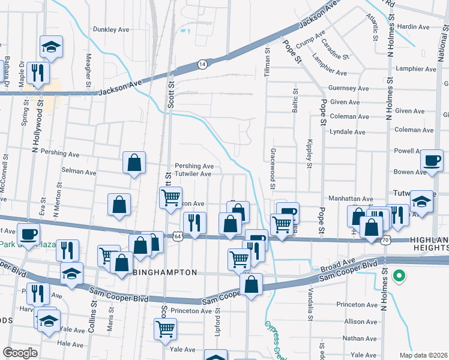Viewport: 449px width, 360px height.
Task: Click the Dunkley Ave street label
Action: click(112, 29)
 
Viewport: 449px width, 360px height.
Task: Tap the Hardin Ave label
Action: click(414, 27)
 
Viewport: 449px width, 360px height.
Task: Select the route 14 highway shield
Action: click(203, 64)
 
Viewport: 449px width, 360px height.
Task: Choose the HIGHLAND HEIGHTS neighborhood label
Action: click(429, 244)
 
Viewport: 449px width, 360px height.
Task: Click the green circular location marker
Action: click(397, 277)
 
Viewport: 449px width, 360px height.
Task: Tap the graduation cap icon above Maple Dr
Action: click(52, 47)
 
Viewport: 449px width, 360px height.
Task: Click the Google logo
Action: click(20, 352)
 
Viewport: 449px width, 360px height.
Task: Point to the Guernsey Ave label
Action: click(346, 88)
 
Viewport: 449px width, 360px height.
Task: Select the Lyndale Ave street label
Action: click(348, 131)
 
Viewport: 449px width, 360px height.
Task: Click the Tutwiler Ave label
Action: click(193, 174)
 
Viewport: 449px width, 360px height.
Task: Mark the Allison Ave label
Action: click(361, 322)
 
